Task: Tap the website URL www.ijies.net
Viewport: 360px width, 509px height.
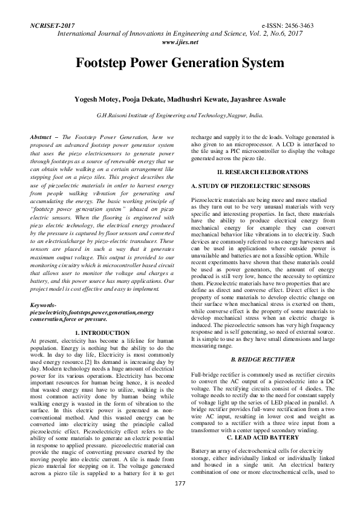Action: pos(180,43)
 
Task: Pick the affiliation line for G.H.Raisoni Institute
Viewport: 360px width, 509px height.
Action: pos(180,114)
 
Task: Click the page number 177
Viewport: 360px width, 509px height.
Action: pos(180,500)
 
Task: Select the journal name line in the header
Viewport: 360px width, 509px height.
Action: pos(180,35)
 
